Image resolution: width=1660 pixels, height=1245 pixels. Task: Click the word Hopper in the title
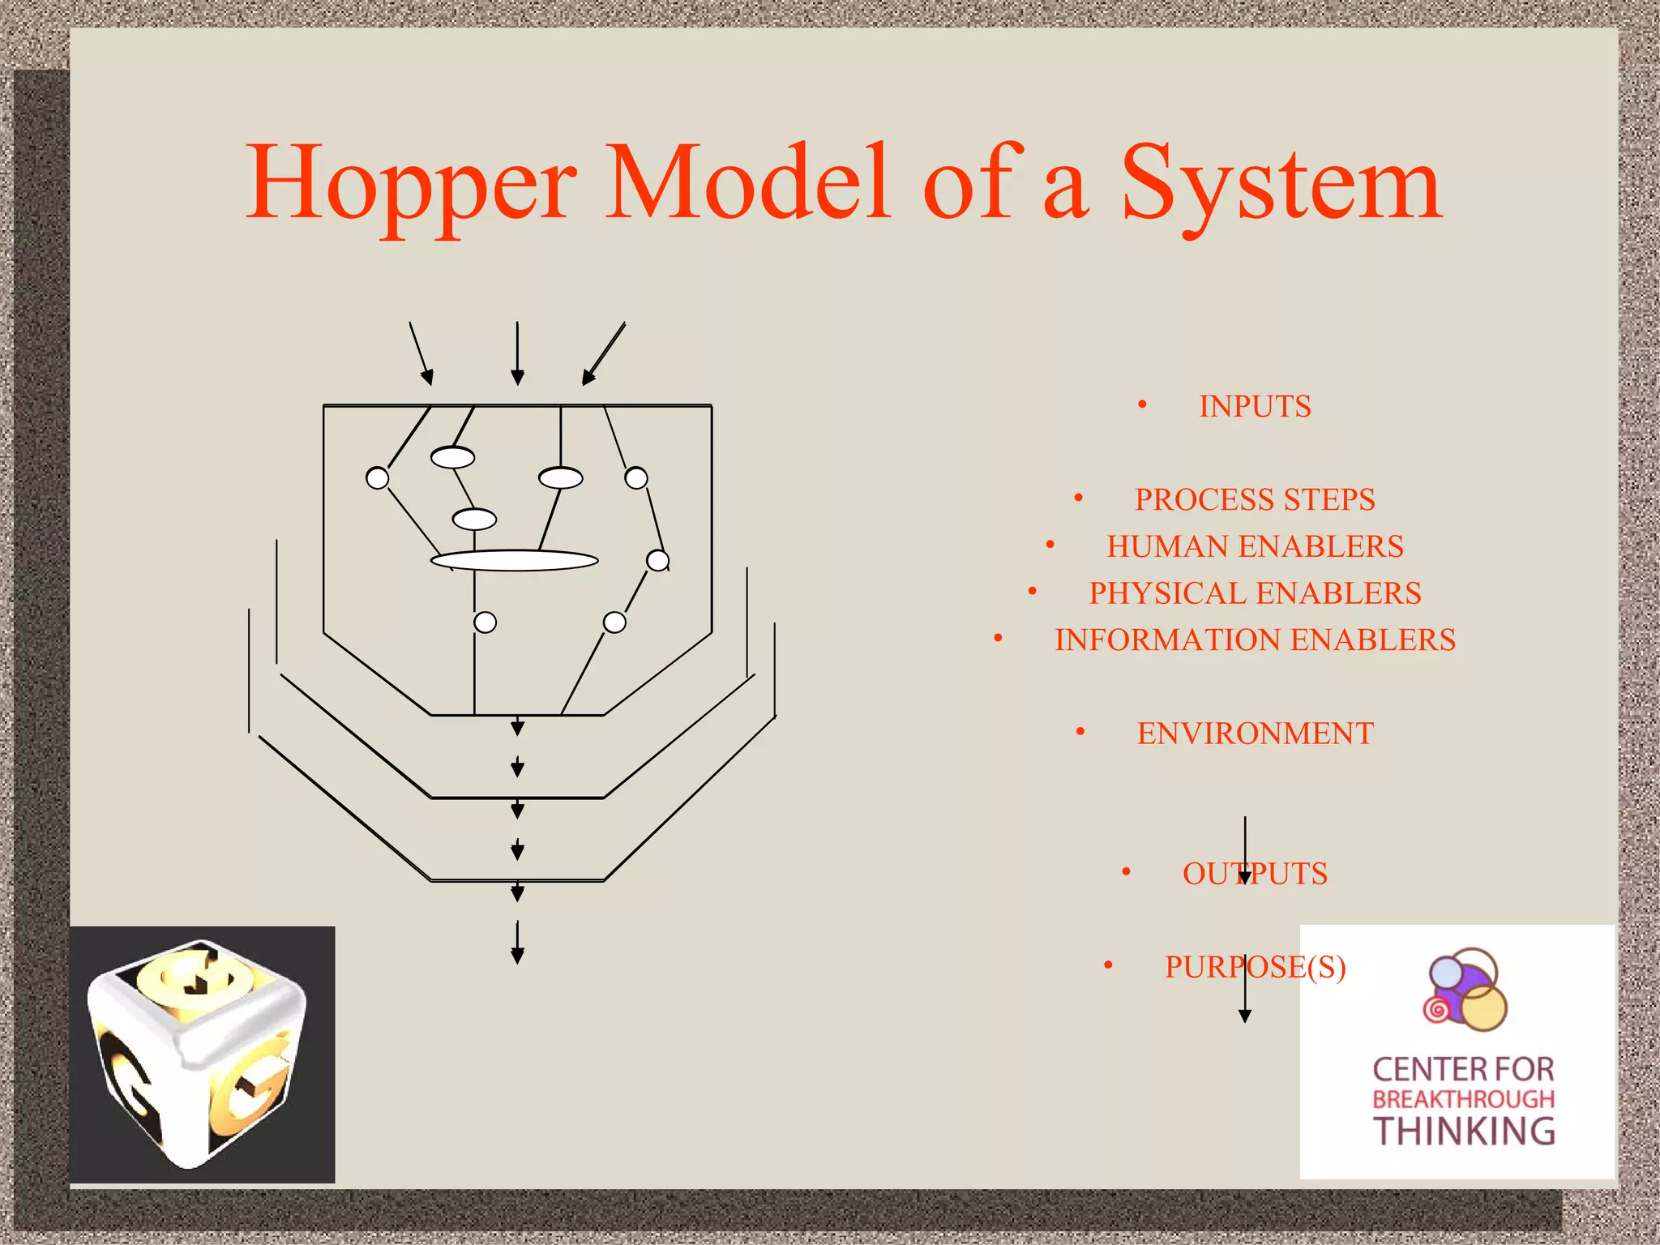(412, 185)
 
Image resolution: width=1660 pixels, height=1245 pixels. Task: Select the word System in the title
(1281, 185)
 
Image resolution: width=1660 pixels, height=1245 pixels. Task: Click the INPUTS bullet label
(1255, 406)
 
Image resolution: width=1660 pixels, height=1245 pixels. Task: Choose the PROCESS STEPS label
(1255, 499)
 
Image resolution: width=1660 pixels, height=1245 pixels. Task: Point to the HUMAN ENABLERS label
(1255, 546)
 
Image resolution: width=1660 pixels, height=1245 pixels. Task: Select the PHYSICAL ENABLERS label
(1255, 593)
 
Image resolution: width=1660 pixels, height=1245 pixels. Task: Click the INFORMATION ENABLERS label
(1255, 640)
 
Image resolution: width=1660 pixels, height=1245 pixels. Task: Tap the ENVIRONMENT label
(1255, 734)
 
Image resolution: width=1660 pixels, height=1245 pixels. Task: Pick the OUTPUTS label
(1255, 874)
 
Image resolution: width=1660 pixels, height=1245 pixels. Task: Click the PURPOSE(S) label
(1255, 967)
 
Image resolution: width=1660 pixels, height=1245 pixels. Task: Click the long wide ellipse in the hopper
(515, 560)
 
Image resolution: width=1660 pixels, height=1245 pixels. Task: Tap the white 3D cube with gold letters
(199, 1054)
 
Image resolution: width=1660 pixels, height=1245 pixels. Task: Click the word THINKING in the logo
(1464, 1132)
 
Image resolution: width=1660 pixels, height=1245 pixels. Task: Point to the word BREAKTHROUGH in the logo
(1464, 1099)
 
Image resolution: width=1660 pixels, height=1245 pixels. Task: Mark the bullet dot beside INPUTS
(1142, 404)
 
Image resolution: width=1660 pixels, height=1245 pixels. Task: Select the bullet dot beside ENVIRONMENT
(1080, 732)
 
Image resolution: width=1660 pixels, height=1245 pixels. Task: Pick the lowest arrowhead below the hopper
(517, 956)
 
